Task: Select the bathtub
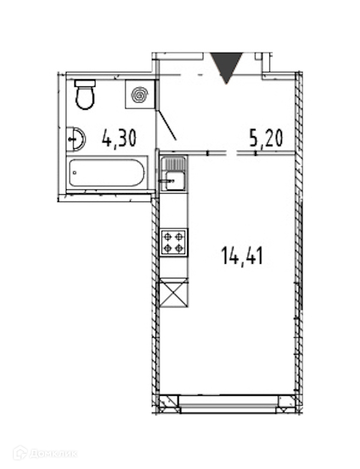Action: click(x=107, y=173)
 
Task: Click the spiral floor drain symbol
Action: click(x=140, y=95)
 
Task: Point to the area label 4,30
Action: click(x=119, y=138)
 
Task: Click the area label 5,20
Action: click(x=266, y=139)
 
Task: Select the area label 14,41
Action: click(x=242, y=256)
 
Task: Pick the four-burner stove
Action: click(x=174, y=242)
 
